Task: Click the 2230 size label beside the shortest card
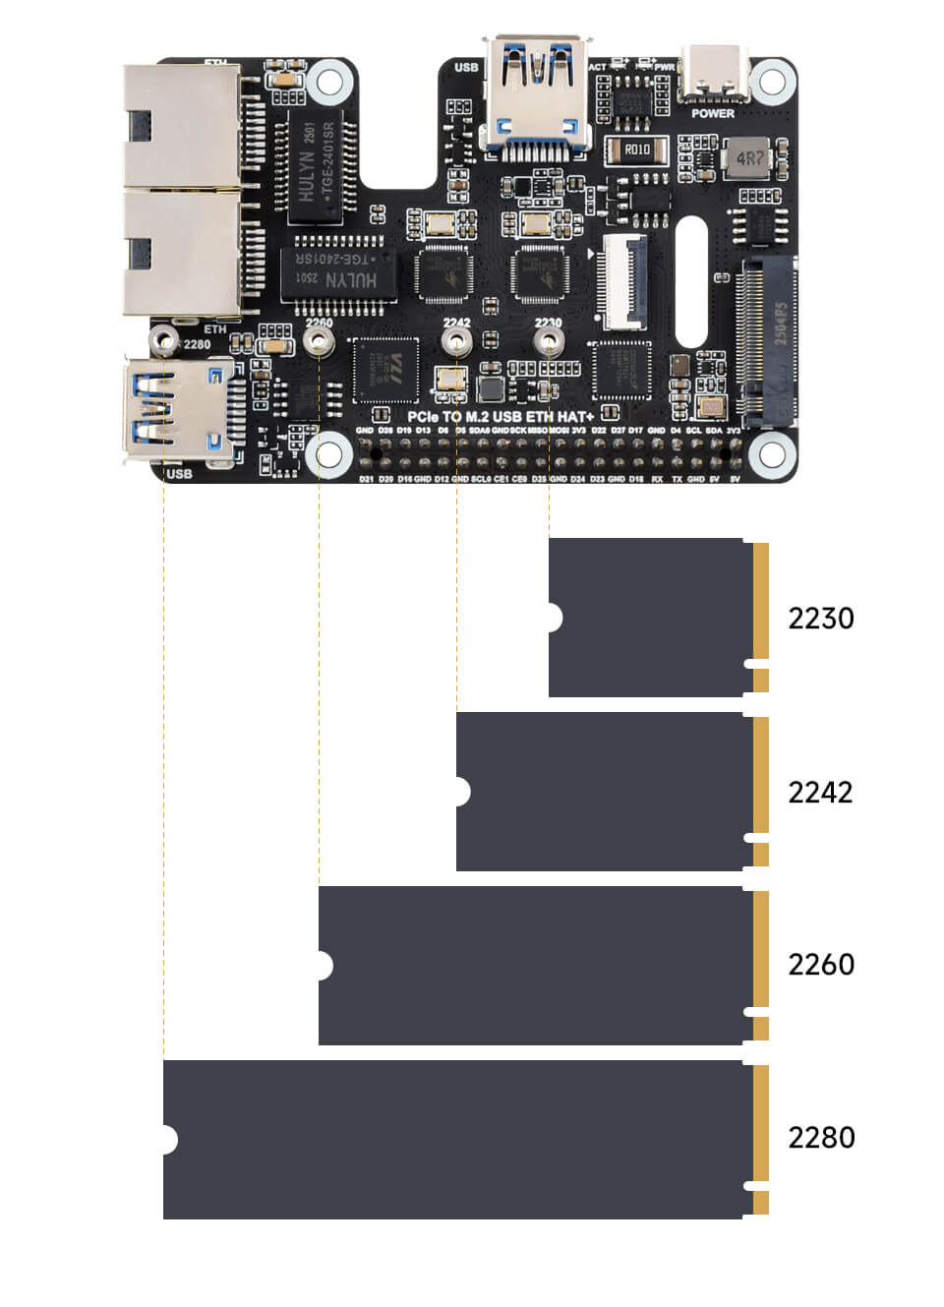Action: tap(820, 619)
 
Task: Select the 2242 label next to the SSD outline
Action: tap(820, 792)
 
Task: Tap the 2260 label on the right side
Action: tap(820, 965)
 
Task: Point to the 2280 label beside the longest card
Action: tap(820, 1138)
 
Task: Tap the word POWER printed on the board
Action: tap(713, 113)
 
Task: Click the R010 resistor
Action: tap(636, 149)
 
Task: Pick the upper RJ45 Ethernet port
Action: tap(182, 125)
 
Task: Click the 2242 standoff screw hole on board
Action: tap(456, 341)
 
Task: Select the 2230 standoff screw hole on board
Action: tap(549, 341)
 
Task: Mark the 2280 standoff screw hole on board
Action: tap(163, 341)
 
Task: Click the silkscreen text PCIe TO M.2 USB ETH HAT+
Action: tap(501, 417)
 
